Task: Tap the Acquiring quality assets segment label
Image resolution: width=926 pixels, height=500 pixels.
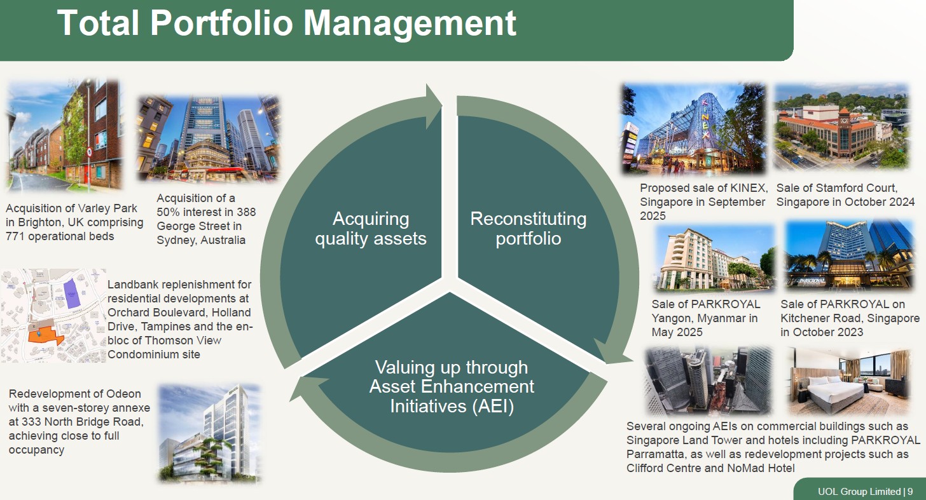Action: point(371,228)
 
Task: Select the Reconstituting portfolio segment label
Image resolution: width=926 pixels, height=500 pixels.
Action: point(528,228)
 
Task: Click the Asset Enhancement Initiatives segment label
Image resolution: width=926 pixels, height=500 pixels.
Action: point(452,386)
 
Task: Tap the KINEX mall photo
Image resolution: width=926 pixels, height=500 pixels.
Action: point(693,130)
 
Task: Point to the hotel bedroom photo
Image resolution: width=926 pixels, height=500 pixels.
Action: point(850,381)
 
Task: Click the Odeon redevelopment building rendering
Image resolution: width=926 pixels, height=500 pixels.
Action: point(209,433)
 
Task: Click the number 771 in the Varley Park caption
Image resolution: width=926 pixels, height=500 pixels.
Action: point(17,236)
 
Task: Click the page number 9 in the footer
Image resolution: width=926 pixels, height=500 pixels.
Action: point(910,491)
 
